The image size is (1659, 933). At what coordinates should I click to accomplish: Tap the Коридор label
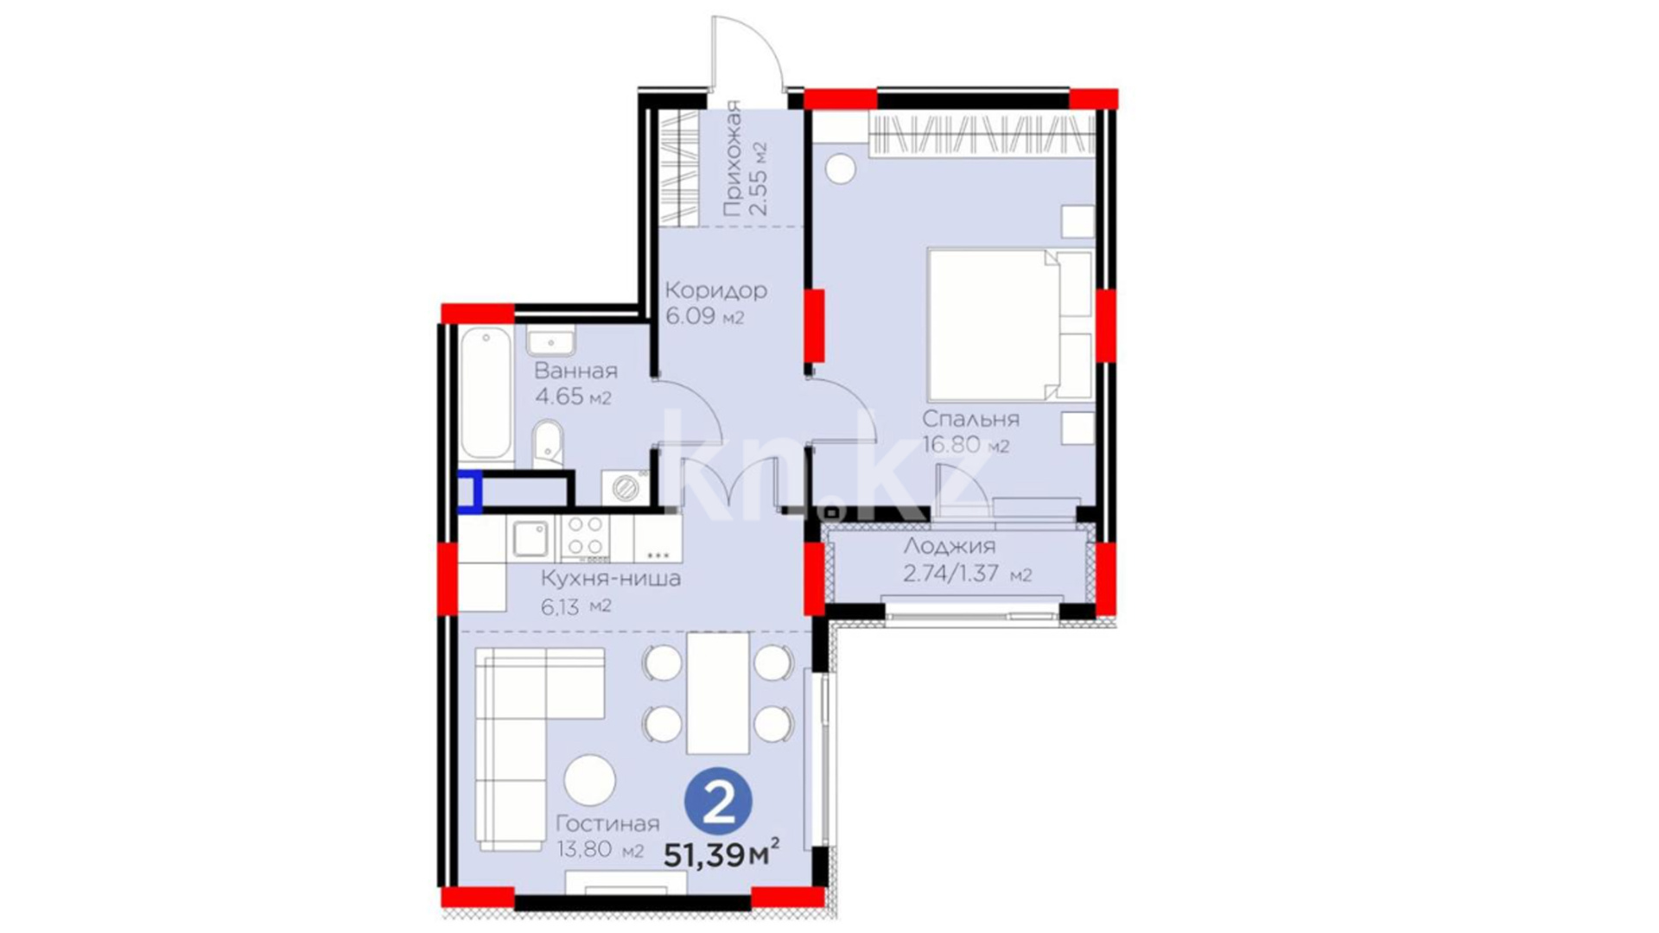click(x=716, y=290)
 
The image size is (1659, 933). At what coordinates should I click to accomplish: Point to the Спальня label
click(x=970, y=419)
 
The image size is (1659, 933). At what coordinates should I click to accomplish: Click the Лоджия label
click(x=950, y=546)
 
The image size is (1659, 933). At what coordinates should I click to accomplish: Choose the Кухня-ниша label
click(x=610, y=579)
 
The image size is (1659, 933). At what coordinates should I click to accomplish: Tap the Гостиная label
click(x=607, y=824)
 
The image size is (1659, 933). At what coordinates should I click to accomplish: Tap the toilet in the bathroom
click(x=547, y=443)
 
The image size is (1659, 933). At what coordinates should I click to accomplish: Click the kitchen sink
click(x=529, y=539)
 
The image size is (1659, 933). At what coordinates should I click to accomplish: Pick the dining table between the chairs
click(x=718, y=693)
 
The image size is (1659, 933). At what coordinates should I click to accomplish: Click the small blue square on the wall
click(x=470, y=492)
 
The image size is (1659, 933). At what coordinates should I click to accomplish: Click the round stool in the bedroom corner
click(x=839, y=167)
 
